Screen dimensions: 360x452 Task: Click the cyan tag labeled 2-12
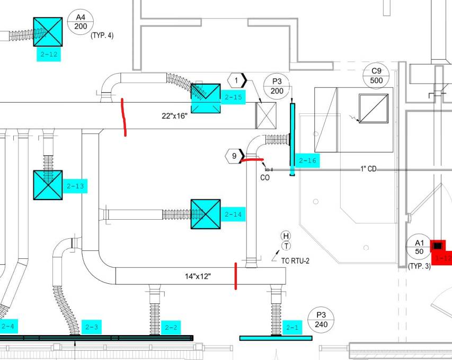(x=48, y=54)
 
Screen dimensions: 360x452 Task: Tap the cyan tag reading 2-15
(x=233, y=97)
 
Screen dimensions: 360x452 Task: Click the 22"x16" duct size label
(x=175, y=116)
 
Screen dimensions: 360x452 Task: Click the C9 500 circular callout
(x=377, y=76)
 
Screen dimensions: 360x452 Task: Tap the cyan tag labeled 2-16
(x=307, y=161)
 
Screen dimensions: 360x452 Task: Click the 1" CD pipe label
(x=369, y=169)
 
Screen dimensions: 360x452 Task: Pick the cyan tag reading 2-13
(x=75, y=186)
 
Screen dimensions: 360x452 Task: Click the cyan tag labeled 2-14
(x=233, y=214)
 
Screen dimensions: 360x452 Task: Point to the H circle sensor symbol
(x=286, y=236)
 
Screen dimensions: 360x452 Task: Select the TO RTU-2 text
(x=295, y=260)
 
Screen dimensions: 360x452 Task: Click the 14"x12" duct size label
(x=198, y=276)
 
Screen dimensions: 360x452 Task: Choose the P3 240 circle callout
(x=322, y=319)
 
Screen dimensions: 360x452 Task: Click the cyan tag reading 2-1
(x=293, y=328)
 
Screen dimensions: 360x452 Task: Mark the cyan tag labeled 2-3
(x=92, y=327)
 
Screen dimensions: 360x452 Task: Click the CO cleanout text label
(x=265, y=178)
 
